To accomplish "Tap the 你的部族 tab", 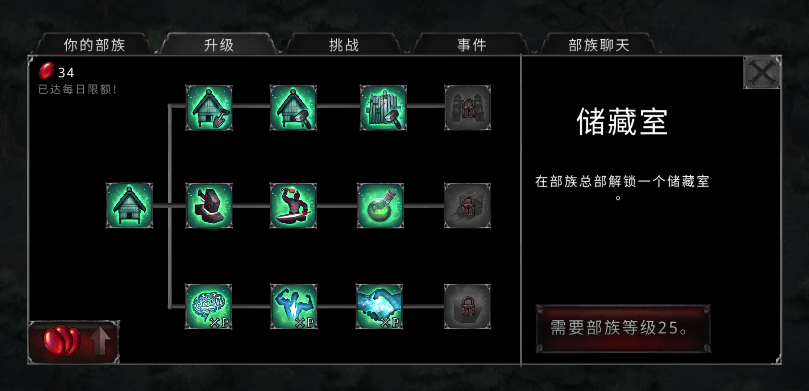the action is [94, 45].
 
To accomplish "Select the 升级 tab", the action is [219, 45].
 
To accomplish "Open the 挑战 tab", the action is [344, 45].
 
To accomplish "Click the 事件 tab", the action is [471, 45].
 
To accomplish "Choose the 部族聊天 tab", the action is [599, 45].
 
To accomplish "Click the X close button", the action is [762, 72].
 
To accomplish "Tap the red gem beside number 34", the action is [47, 71].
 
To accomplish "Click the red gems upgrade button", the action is [74, 342].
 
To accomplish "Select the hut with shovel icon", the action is [209, 108].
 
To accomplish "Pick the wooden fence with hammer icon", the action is [383, 108].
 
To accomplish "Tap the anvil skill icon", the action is [209, 206].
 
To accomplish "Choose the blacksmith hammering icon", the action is [293, 206].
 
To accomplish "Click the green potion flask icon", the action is [381, 206].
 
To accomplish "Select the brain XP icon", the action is [209, 306].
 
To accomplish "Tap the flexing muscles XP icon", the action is [294, 306].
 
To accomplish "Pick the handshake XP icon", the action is [379, 306].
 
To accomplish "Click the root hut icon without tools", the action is [129, 205].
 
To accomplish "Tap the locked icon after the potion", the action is [468, 206].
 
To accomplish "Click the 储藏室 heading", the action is [622, 122].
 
